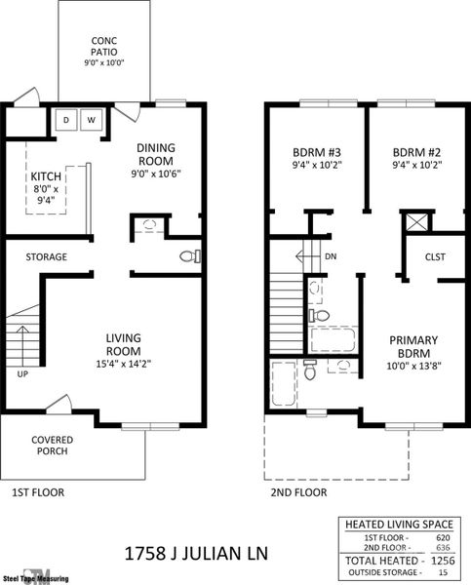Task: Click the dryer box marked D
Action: click(66, 120)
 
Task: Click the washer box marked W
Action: click(91, 120)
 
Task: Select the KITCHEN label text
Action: click(46, 176)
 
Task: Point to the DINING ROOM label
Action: click(154, 154)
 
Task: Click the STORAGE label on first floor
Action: click(46, 257)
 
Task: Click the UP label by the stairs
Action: click(22, 373)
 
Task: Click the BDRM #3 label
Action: click(316, 153)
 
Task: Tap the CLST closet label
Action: click(435, 257)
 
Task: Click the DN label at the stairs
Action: click(332, 257)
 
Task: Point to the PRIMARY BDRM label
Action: click(413, 346)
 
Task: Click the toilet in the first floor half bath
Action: click(190, 257)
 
